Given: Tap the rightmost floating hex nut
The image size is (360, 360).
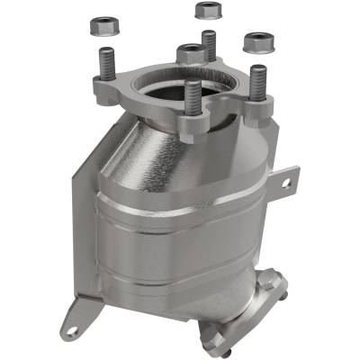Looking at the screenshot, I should tap(260, 40).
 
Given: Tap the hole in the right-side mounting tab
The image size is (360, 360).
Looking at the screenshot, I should tap(287, 183).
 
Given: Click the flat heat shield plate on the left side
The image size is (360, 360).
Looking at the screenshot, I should tap(76, 234).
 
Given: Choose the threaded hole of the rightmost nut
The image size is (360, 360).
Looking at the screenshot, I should tap(260, 38).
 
